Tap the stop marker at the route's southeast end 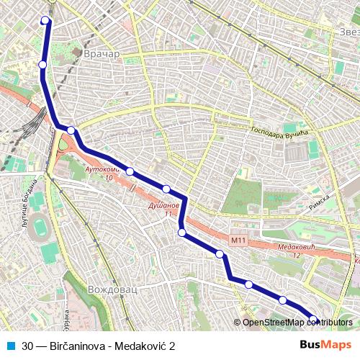click(x=313, y=319)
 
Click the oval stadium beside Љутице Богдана click(x=42, y=228)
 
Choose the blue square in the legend click(x=10, y=346)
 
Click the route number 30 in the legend click(x=27, y=346)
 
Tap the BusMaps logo click(x=325, y=345)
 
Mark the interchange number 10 click(x=109, y=177)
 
